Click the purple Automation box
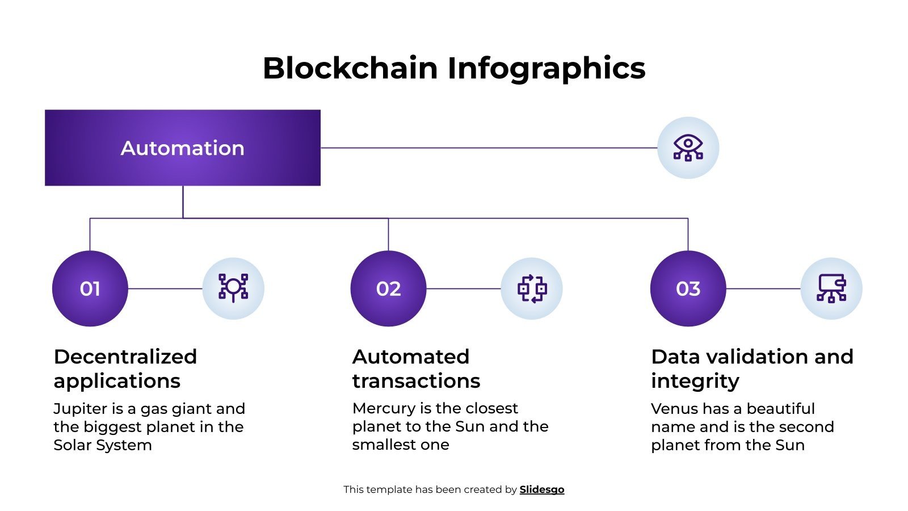point(182,148)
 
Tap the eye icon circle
point(688,148)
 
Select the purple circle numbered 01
point(90,288)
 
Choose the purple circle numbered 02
point(388,288)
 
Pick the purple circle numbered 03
point(688,288)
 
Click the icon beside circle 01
point(233,288)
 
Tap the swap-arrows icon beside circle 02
point(532,288)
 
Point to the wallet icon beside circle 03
point(831,288)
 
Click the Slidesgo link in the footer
point(541,489)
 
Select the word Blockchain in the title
point(350,68)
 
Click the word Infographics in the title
point(546,68)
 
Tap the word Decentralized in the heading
point(125,357)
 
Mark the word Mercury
point(384,408)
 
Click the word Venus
point(673,409)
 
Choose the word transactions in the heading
point(416,380)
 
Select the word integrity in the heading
point(695,380)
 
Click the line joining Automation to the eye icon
point(488,148)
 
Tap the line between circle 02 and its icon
point(463,288)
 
